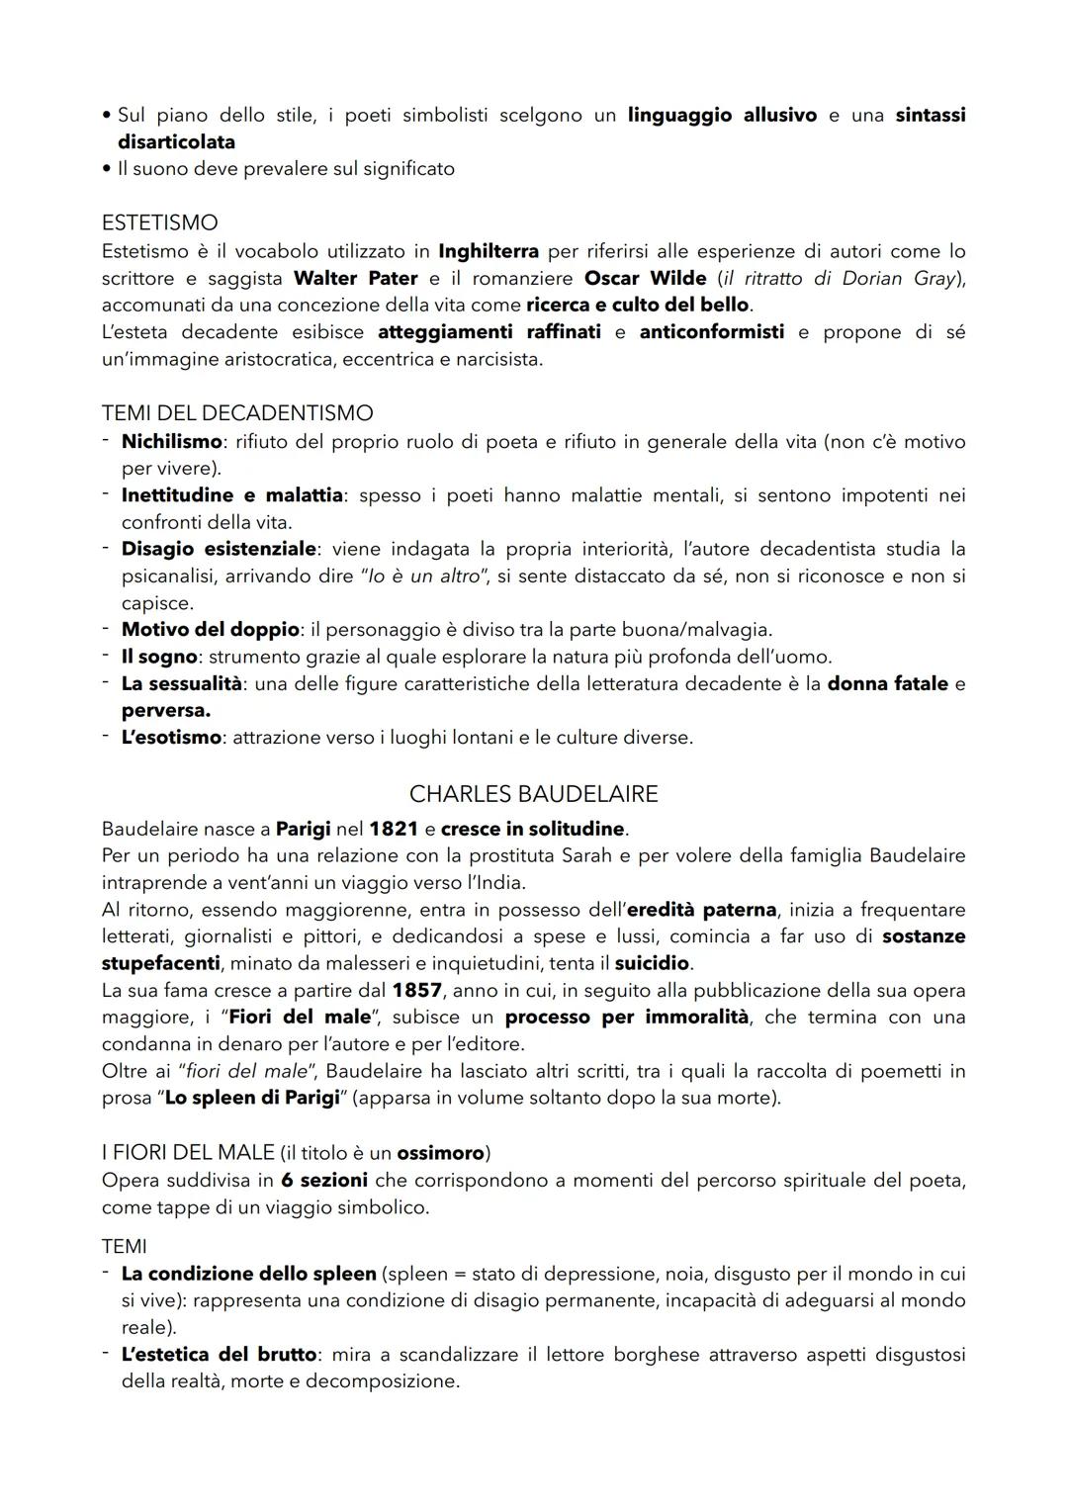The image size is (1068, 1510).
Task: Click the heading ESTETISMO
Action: pyautogui.click(x=159, y=223)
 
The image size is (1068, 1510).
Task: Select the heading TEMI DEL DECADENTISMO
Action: pyautogui.click(x=237, y=413)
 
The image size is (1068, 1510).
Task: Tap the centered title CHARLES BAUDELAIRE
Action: pyautogui.click(x=533, y=794)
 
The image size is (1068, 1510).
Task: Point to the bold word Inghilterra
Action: pyautogui.click(x=489, y=251)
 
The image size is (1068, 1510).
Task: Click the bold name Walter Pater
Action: pyautogui.click(x=355, y=278)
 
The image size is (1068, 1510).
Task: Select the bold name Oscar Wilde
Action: pyautogui.click(x=645, y=278)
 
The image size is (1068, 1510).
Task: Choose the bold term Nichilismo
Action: pyautogui.click(x=171, y=441)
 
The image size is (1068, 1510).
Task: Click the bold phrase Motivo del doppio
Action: pyautogui.click(x=210, y=629)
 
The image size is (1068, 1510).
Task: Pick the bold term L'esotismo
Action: pyautogui.click(x=171, y=737)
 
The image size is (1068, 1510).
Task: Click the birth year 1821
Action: pyautogui.click(x=394, y=829)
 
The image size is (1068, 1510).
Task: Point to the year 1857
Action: pyautogui.click(x=416, y=990)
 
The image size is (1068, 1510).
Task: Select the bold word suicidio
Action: pyautogui.click(x=652, y=962)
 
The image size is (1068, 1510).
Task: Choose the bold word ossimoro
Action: pyautogui.click(x=441, y=1153)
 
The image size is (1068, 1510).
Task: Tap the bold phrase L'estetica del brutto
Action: pyautogui.click(x=219, y=1354)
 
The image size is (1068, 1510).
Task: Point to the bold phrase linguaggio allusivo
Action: pyautogui.click(x=722, y=115)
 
